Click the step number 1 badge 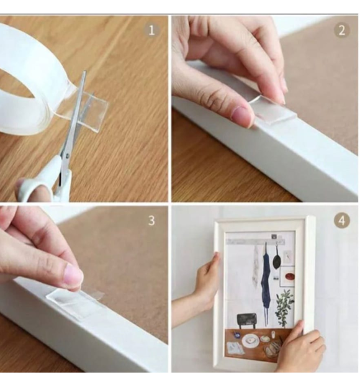click(x=152, y=30)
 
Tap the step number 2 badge click(x=341, y=30)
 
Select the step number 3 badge click(x=152, y=220)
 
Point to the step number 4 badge click(x=341, y=220)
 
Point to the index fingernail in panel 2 click(x=242, y=116)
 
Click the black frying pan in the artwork click(x=277, y=258)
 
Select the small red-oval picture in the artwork click(x=287, y=276)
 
